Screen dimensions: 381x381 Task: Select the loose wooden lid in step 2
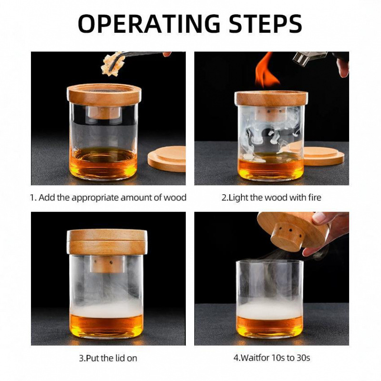324,156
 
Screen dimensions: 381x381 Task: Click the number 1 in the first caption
33,197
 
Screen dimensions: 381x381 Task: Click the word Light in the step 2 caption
240,197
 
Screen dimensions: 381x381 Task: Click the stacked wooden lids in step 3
107,241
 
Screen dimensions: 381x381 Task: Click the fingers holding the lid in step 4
329,224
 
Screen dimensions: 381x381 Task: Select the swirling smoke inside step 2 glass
267,133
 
